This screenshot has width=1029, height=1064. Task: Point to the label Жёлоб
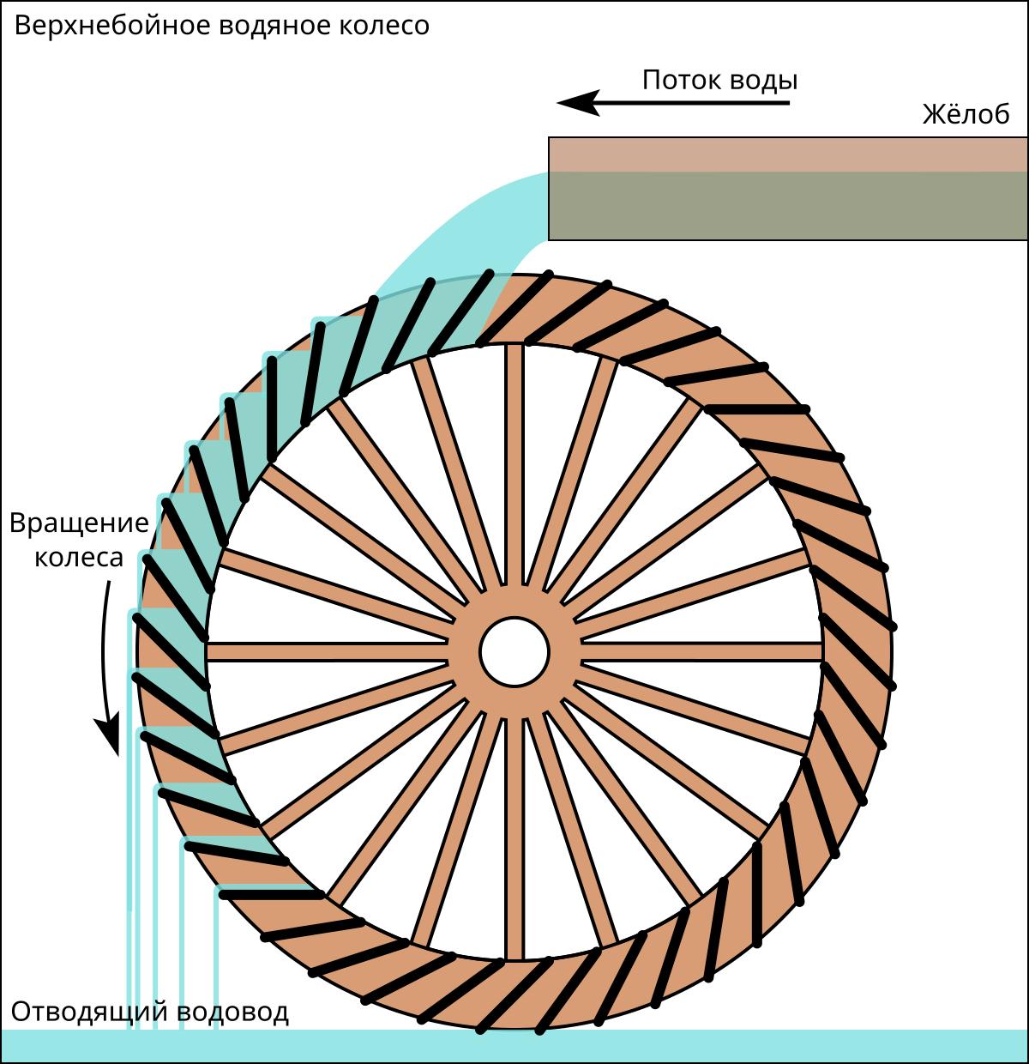pos(966,115)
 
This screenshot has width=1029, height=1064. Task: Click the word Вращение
pos(79,523)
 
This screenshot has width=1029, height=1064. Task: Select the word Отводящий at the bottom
pos(93,1013)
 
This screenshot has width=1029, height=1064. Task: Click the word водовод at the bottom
pos(233,1013)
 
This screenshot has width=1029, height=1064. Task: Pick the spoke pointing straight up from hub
pos(514,463)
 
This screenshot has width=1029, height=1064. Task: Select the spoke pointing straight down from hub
pos(514,837)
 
